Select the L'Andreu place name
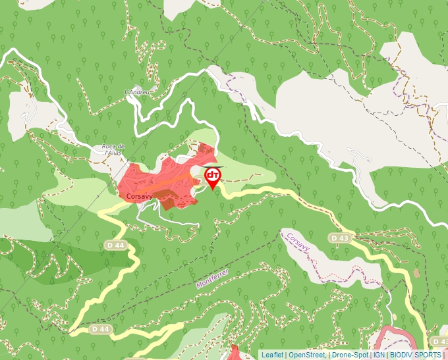pos(137,93)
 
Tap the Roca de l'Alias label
pos(113,149)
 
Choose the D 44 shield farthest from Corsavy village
pos(99,328)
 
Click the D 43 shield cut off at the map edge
pos(440,341)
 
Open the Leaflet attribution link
pos(271,355)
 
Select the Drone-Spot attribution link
pos(350,355)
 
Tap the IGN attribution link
pos(379,355)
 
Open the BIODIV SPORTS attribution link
pos(415,355)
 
